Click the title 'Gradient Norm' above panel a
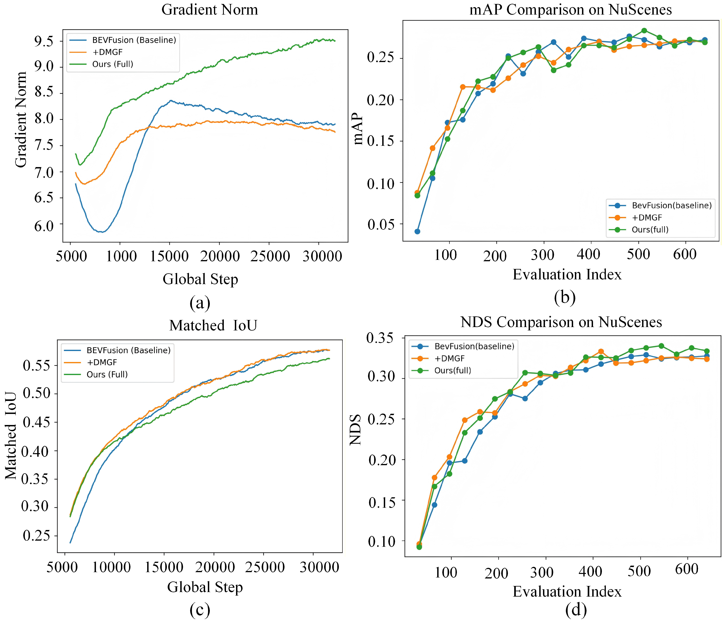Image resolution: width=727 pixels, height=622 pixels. tap(209, 10)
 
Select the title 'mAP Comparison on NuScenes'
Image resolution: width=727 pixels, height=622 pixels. tap(571, 10)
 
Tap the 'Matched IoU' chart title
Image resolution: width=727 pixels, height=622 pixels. tap(213, 325)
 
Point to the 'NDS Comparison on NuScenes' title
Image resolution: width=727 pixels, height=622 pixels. tap(561, 322)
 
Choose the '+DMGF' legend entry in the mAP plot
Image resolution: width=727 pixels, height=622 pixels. tap(647, 218)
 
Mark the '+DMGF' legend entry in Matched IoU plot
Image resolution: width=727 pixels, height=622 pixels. tap(102, 362)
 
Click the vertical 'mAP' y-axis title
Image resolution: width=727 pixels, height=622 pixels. tap(358, 128)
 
